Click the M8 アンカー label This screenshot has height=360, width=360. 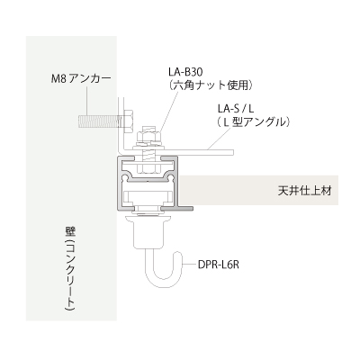[81, 78]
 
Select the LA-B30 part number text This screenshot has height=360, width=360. [186, 72]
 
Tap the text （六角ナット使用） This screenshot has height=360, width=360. [210, 85]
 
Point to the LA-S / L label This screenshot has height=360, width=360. [237, 108]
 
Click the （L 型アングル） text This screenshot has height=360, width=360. [253, 121]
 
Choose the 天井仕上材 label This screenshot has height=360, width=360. [304, 191]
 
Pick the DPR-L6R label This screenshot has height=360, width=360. [218, 265]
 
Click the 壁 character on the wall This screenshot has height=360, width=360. [70, 232]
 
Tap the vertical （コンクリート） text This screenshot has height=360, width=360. [70, 275]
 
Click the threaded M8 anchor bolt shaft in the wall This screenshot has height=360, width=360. [99, 121]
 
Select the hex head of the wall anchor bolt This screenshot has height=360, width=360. [127, 121]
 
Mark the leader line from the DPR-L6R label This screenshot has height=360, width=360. [190, 265]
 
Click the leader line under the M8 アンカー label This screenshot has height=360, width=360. [87, 101]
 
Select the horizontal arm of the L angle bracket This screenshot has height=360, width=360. [180, 151]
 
